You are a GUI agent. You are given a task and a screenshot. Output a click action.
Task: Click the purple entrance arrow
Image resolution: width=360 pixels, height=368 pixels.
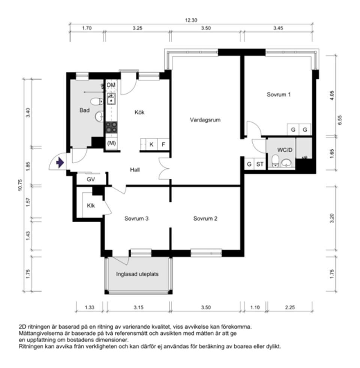pos(59,163)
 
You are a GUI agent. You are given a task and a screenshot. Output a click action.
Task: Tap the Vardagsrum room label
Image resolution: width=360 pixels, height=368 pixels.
pos(205,121)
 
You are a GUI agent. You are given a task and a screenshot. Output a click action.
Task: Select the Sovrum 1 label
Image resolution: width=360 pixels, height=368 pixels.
pos(279,95)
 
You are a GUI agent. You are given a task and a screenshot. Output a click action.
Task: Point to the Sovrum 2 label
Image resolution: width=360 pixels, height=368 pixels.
pos(205,219)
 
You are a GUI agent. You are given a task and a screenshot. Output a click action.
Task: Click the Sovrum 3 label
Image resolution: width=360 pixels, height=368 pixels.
pos(136,219)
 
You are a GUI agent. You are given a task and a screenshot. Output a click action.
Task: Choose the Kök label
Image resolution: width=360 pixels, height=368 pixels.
pos(139,112)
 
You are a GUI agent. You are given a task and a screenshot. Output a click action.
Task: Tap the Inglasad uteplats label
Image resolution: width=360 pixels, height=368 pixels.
pos(137,274)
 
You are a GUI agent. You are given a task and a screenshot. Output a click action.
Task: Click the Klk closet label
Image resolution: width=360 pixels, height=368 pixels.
pos(91,206)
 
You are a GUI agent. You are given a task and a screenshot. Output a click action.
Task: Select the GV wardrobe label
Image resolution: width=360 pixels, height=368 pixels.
pos(91,179)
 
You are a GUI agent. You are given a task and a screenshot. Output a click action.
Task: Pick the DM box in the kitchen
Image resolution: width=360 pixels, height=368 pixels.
pos(111,85)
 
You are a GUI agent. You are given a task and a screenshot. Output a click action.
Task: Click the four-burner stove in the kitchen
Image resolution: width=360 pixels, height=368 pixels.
pos(111,128)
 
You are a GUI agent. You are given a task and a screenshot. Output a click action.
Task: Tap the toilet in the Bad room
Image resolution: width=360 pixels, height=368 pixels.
pos(97,101)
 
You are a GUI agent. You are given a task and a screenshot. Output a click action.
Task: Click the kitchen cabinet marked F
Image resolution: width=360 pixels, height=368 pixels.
pos(163,144)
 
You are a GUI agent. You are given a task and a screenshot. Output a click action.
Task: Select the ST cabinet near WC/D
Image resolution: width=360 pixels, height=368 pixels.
pos(259,164)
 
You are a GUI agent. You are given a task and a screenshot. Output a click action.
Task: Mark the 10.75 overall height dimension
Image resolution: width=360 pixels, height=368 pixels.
pos(20,185)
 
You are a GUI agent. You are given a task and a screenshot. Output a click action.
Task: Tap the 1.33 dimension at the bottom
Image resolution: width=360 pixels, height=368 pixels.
pos(89,308)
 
